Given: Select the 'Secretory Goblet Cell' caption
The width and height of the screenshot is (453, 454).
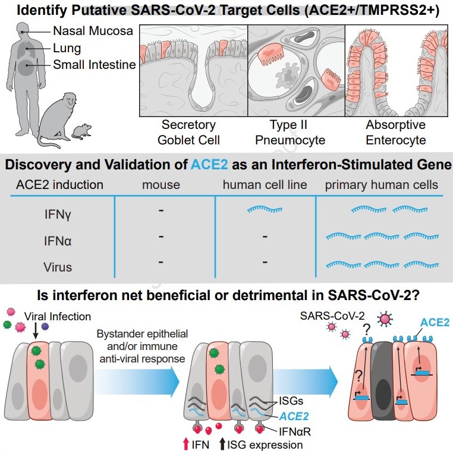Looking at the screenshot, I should point(189,133).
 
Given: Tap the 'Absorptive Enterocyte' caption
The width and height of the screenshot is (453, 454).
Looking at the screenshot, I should point(395,133).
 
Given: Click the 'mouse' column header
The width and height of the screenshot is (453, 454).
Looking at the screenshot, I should point(161,185).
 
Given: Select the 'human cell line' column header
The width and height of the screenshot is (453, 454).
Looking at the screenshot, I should point(265,185).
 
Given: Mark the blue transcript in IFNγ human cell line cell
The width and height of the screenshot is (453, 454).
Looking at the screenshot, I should point(265,209).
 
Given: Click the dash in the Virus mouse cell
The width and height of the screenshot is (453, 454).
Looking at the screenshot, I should point(161,261).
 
